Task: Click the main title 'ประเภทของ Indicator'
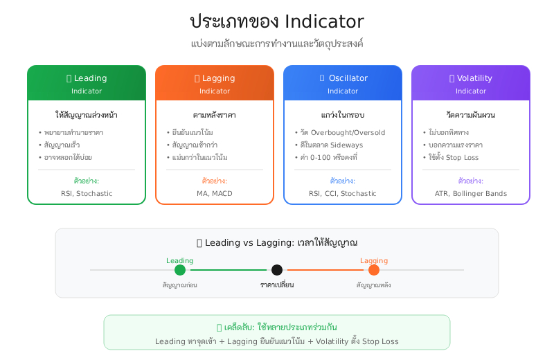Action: pos(277,21)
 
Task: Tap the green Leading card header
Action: pos(87,83)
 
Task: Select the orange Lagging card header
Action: pos(215,83)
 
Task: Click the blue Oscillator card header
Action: pos(343,83)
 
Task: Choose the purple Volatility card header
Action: pos(471,83)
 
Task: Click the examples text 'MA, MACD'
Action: pos(215,194)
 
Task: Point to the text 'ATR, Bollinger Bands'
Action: pos(471,194)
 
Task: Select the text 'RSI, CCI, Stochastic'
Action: pos(343,194)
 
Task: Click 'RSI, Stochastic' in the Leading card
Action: pos(87,194)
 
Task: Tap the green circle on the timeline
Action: pos(180,270)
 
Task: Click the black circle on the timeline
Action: pos(277,270)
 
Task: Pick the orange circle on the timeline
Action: pos(374,270)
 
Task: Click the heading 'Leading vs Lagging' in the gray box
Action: pos(277,243)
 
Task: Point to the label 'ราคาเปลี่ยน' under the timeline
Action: pos(277,285)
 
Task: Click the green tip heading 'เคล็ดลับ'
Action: pos(277,327)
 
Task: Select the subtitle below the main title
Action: pos(277,44)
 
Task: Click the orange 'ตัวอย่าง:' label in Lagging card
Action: pos(215,181)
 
